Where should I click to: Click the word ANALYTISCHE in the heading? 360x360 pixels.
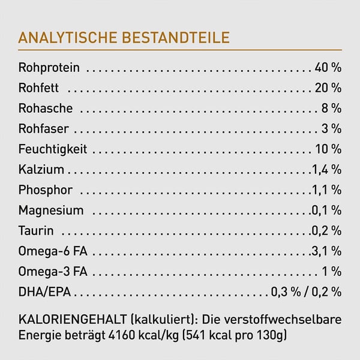[68, 38]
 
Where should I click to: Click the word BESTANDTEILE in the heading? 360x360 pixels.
[176, 38]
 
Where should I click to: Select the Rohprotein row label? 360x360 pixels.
[49, 68]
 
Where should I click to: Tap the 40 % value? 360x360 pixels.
[328, 68]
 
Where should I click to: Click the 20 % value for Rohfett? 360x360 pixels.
[328, 88]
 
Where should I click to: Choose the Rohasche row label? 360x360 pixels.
[46, 109]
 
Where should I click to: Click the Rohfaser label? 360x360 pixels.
[43, 129]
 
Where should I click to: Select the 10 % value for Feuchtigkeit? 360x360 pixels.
[328, 149]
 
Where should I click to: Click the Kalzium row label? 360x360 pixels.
[41, 170]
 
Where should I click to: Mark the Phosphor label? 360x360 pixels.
[46, 190]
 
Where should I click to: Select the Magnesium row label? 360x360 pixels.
[51, 211]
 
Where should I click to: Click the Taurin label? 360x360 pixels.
[36, 231]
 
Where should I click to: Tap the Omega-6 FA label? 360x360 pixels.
[53, 251]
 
